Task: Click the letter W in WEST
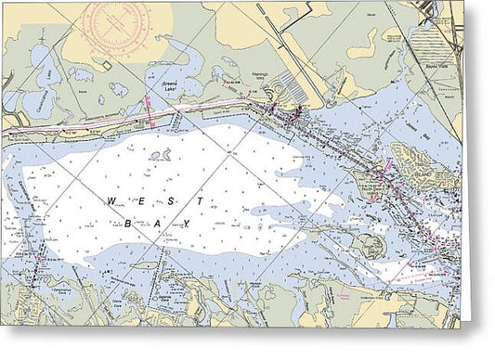pos(111,199)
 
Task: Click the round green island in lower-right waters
pos(371,246)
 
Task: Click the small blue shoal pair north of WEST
pos(160,156)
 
